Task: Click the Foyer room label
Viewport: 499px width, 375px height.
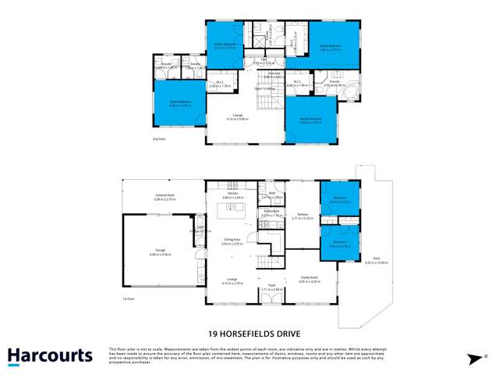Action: click(x=271, y=286)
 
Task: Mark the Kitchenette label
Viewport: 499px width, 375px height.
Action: click(x=271, y=212)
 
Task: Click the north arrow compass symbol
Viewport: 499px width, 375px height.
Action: click(x=473, y=359)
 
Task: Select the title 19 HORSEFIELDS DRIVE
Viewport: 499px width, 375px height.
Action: click(x=249, y=331)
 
